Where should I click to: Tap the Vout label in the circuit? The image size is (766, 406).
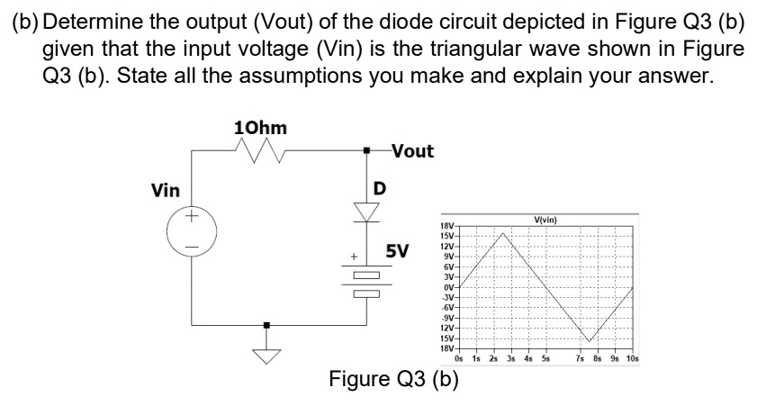coord(411,152)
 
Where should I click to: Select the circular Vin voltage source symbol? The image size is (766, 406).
coord(191,230)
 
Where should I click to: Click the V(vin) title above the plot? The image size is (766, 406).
coord(546,219)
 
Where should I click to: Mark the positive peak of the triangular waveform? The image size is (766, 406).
coord(504,233)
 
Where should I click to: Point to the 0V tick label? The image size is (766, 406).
coord(449,288)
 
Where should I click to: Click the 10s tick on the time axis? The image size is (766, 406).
coord(632,358)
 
